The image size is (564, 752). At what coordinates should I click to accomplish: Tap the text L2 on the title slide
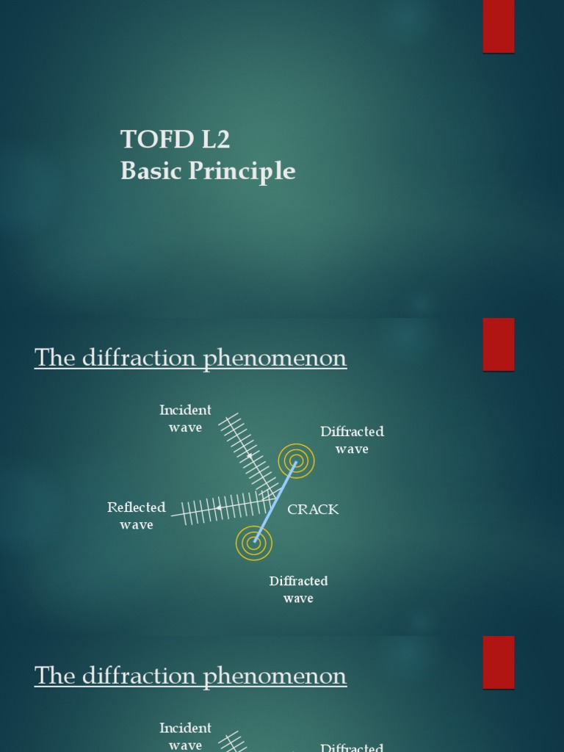point(212,140)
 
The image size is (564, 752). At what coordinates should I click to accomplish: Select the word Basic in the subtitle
point(148,171)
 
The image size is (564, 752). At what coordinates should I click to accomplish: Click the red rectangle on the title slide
point(498,26)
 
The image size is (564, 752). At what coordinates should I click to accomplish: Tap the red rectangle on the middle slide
point(498,344)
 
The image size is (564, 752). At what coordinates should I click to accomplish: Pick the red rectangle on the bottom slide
point(498,662)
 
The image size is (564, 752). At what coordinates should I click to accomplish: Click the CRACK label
point(313,510)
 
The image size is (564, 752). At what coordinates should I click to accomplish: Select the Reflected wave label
point(137,516)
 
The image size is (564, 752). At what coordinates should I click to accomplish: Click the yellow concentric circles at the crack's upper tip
point(296,461)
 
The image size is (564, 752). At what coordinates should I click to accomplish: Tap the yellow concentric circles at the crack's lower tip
point(254,543)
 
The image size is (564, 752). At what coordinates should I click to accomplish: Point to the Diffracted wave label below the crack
point(298,590)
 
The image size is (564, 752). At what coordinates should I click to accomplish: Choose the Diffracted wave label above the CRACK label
point(352,440)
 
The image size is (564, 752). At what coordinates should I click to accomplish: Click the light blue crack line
point(275,502)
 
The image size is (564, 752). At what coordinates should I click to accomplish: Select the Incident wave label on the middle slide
point(185,419)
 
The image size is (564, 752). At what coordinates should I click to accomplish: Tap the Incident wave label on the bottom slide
point(185,737)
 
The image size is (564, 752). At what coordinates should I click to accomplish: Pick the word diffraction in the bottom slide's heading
point(136,676)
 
